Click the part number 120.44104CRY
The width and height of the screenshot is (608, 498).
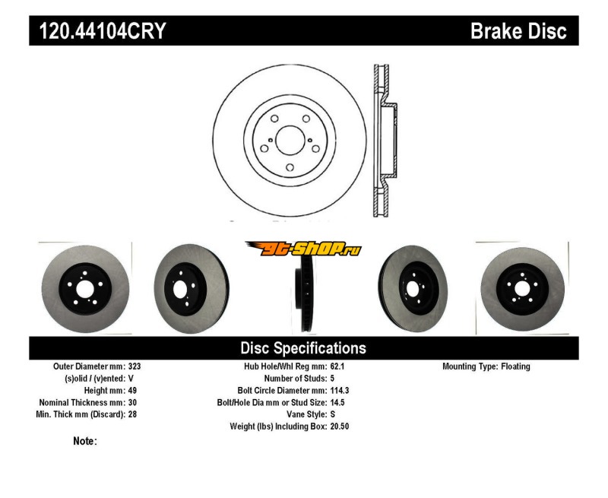pyautogui.click(x=97, y=31)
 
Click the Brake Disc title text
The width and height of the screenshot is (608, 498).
pyautogui.click(x=518, y=31)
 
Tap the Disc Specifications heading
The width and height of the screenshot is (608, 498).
pyautogui.click(x=303, y=348)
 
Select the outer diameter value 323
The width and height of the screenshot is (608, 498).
pyautogui.click(x=135, y=366)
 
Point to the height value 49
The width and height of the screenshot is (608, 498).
pyautogui.click(x=132, y=390)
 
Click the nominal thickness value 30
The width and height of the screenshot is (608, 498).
pyautogui.click(x=132, y=402)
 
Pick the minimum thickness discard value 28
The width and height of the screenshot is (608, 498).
pyautogui.click(x=132, y=414)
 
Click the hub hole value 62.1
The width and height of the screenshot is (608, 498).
pyautogui.click(x=338, y=366)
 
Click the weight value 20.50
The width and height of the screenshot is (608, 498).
pyautogui.click(x=340, y=427)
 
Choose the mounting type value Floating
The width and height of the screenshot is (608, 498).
pyautogui.click(x=515, y=366)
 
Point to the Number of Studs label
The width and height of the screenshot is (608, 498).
pyautogui.click(x=294, y=378)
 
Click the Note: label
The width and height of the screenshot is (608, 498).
pyautogui.click(x=84, y=441)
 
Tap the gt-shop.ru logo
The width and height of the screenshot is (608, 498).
pyautogui.click(x=303, y=249)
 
